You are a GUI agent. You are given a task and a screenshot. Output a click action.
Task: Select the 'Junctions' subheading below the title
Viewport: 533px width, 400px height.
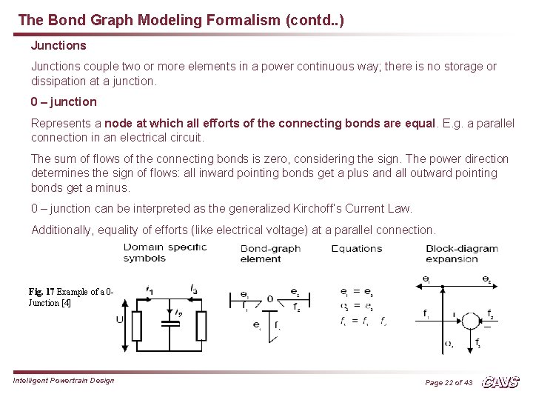pyautogui.click(x=58, y=45)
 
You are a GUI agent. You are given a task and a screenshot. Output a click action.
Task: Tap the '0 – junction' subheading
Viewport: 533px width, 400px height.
pyautogui.click(x=64, y=101)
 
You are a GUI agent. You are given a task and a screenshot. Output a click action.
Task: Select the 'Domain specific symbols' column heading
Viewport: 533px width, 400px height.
pyautogui.click(x=164, y=253)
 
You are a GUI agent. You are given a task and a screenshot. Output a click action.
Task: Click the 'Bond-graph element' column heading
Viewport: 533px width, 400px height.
pyautogui.click(x=270, y=253)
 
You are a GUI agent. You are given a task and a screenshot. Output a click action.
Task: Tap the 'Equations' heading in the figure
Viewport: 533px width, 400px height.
pyautogui.click(x=357, y=249)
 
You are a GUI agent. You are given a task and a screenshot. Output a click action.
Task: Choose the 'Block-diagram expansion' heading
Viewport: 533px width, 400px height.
pyautogui.click(x=462, y=253)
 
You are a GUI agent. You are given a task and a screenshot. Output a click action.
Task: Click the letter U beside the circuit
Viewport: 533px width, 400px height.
pyautogui.click(x=120, y=319)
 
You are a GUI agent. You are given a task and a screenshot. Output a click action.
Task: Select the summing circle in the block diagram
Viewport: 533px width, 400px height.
pyautogui.click(x=470, y=321)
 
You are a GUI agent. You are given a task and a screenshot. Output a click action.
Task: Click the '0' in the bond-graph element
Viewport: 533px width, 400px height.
pyautogui.click(x=270, y=299)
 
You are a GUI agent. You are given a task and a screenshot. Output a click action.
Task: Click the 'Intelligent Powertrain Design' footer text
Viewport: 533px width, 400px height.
pyautogui.click(x=64, y=381)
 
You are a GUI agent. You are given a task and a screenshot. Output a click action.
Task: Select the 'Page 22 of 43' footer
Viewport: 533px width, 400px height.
pyautogui.click(x=448, y=382)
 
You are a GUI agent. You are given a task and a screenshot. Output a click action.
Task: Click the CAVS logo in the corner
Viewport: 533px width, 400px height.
pyautogui.click(x=500, y=381)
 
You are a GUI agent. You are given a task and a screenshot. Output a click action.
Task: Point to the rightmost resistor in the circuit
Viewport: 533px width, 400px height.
pyautogui.click(x=201, y=325)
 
